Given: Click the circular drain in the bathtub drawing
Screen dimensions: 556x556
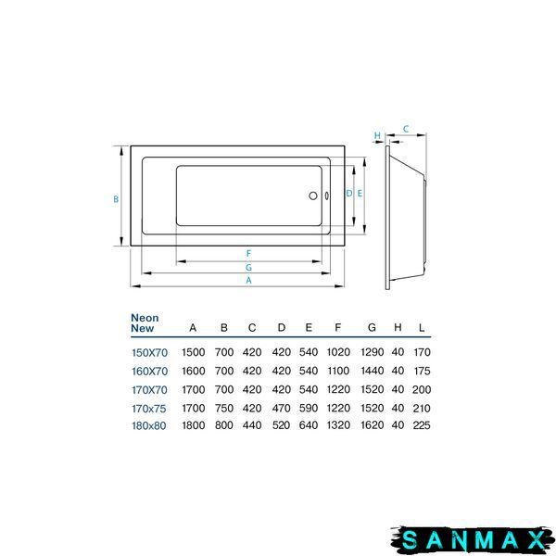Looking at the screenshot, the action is [313, 196].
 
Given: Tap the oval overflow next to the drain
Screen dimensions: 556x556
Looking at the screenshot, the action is [326, 196].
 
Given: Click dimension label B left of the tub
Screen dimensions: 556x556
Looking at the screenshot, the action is [116, 199].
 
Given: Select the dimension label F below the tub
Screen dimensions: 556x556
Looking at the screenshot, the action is [248, 254].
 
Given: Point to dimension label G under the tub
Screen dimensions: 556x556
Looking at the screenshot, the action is [248, 268].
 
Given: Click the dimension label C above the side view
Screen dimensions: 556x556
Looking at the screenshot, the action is [406, 129].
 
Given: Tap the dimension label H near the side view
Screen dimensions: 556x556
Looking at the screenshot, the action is [377, 136].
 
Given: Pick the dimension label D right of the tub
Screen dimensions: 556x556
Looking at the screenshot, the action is [349, 194].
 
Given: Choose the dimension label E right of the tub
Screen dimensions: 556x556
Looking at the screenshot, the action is [360, 194].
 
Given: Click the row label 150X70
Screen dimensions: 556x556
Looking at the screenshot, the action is [149, 353].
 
